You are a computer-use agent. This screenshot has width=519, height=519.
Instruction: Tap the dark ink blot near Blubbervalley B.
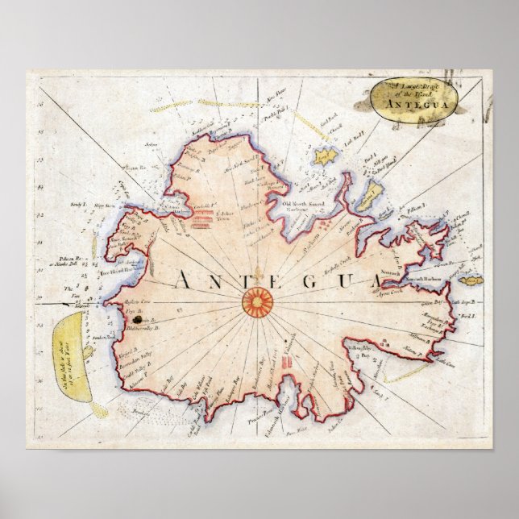126,320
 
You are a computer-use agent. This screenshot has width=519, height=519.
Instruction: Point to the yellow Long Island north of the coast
326,156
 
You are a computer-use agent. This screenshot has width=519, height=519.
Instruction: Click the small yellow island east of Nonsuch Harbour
469,280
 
